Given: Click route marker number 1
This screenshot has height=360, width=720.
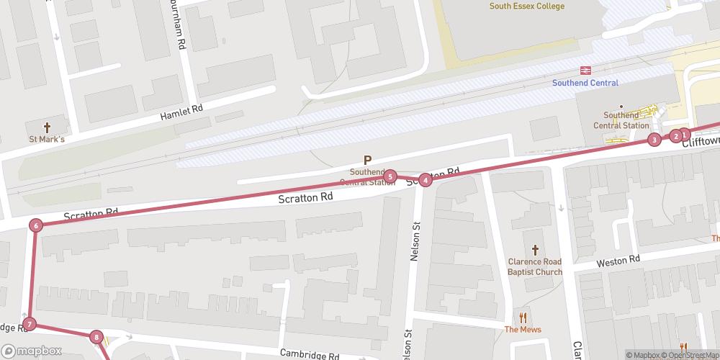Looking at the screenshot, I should (685, 134).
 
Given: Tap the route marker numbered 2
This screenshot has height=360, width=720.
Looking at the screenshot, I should (676, 135).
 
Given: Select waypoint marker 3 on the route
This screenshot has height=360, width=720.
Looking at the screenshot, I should (654, 140).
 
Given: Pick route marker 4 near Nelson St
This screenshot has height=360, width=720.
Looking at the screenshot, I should (426, 180).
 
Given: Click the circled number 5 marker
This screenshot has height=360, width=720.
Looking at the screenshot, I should (390, 176).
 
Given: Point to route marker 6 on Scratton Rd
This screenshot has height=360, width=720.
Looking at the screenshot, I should (36, 225).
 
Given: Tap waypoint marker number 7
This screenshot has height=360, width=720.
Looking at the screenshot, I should (29, 324).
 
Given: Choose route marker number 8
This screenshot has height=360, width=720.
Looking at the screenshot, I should (96, 337).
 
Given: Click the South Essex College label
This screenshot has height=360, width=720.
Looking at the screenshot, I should (527, 6).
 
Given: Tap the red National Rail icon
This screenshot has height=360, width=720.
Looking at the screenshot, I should (585, 70).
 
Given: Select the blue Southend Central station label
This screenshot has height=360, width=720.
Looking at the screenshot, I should (585, 83).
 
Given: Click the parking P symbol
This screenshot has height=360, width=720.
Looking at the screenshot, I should (367, 161).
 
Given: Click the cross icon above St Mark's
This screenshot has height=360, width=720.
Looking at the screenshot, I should (47, 127).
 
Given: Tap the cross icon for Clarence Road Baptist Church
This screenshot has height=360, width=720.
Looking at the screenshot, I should (535, 250).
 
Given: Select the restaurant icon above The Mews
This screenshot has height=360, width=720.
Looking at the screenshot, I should (523, 318).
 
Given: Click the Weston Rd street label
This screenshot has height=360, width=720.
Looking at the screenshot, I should (618, 261).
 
